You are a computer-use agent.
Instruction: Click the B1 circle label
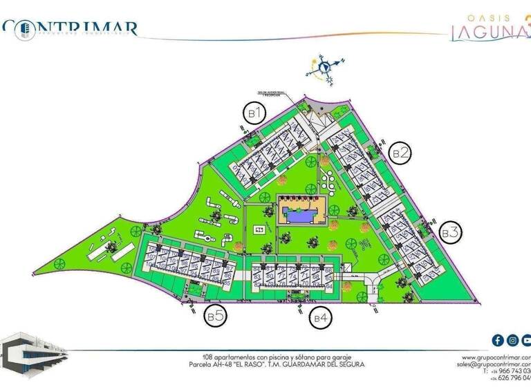[x=254, y=112]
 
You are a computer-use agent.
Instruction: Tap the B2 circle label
[x=400, y=153]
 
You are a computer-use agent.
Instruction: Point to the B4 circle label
[x=319, y=318]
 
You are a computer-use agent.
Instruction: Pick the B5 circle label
[x=215, y=317]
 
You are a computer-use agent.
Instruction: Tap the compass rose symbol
[x=323, y=67]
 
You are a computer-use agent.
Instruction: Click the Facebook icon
[x=497, y=340]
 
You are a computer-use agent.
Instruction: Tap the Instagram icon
[x=512, y=340]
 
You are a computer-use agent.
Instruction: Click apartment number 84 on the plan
[x=257, y=268]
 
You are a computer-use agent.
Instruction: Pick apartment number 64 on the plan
[x=329, y=285]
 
